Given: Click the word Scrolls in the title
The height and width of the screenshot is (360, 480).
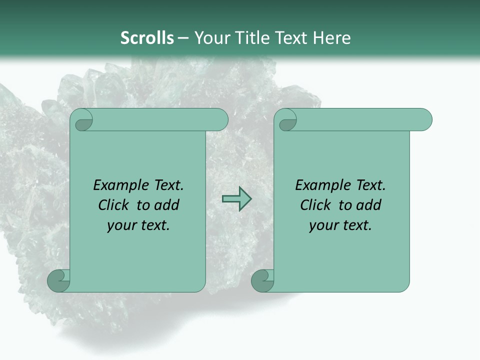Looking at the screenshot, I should point(147,38).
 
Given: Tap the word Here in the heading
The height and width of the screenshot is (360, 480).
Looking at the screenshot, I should point(332,38).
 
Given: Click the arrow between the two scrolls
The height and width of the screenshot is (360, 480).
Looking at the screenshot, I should point(236,199).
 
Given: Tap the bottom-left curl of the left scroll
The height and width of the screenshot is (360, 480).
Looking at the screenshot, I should point(59,280).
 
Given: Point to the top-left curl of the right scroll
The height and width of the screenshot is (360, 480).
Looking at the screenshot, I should point(287,120).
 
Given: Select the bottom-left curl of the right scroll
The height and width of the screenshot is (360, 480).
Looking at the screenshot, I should point(262,280).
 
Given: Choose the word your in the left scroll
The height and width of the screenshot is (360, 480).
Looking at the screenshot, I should point(121,225).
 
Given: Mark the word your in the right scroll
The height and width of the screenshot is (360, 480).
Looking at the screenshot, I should point(323,225).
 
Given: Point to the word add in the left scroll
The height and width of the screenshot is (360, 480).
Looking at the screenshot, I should point(167,205).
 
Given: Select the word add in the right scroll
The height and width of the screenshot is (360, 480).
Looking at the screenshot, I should point(369,205).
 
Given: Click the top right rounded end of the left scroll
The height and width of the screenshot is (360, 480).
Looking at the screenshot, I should point(220,120).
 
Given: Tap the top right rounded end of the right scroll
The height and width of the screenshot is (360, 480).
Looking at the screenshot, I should point(424,120).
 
